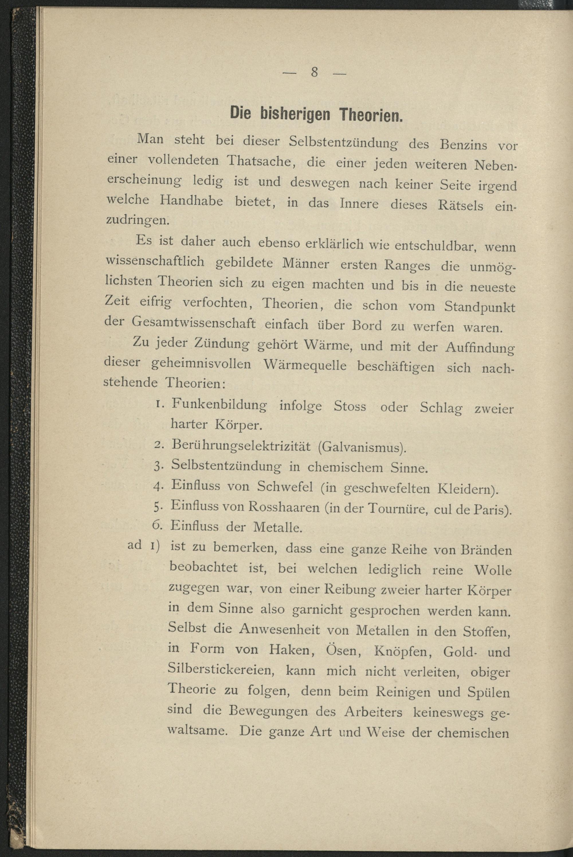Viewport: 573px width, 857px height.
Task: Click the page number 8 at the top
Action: click(314, 72)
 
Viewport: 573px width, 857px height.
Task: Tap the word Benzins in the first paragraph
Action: click(463, 145)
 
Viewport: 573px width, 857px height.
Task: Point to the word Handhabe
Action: click(191, 201)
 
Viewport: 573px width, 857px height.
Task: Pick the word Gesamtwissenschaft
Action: click(193, 323)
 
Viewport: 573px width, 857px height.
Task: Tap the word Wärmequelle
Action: click(304, 365)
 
